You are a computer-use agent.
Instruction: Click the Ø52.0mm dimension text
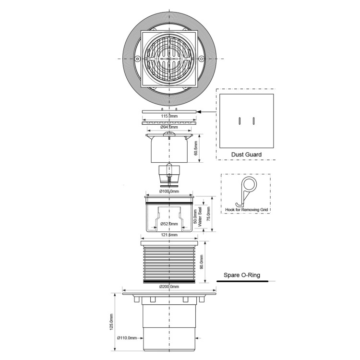coord(169,224)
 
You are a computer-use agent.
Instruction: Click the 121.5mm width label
coord(169,235)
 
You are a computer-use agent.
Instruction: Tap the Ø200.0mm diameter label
coord(169,287)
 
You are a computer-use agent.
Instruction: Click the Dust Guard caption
coord(246,155)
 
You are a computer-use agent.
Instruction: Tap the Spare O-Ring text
coord(242,276)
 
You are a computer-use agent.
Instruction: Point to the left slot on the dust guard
coord(240,121)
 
